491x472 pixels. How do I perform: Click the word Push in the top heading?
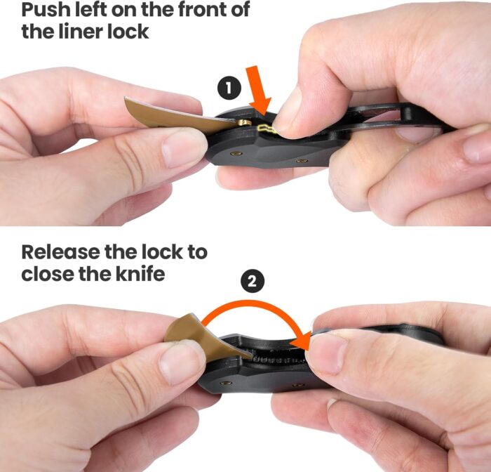click(x=48, y=11)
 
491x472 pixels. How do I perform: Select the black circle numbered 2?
click(x=253, y=282)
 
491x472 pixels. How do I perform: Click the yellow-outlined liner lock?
click(x=266, y=128)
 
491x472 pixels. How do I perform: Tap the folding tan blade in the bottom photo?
click(x=203, y=337)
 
